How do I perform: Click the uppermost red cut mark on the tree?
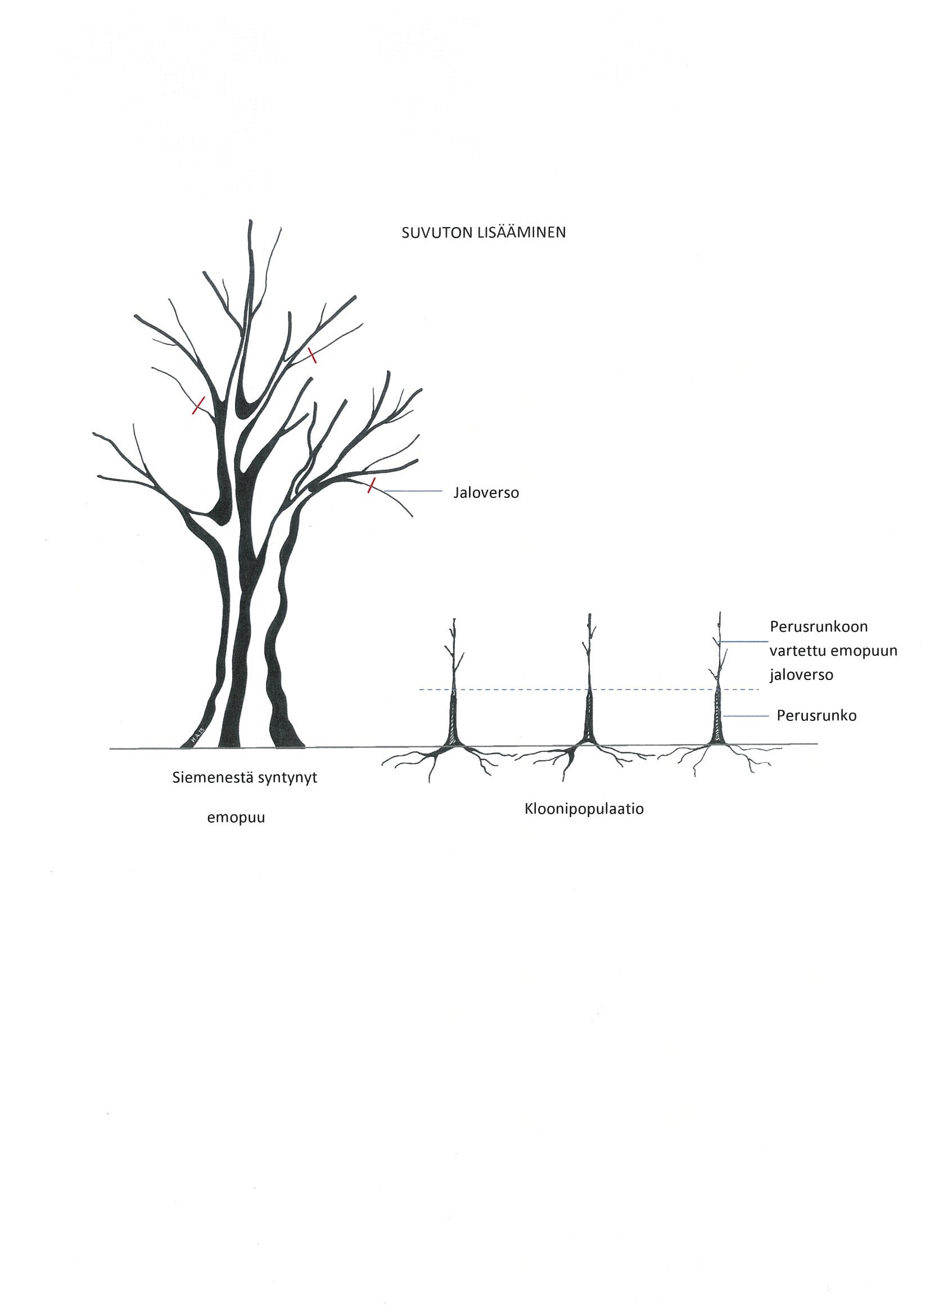pyautogui.click(x=311, y=355)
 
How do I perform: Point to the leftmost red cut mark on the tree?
pyautogui.click(x=198, y=405)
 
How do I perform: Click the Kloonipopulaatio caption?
pyautogui.click(x=584, y=810)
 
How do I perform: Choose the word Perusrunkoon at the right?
pyautogui.click(x=819, y=627)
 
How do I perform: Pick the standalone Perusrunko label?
pyautogui.click(x=816, y=715)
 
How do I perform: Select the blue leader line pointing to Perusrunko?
pyautogui.click(x=746, y=716)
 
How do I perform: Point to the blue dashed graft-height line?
pyautogui.click(x=589, y=690)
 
